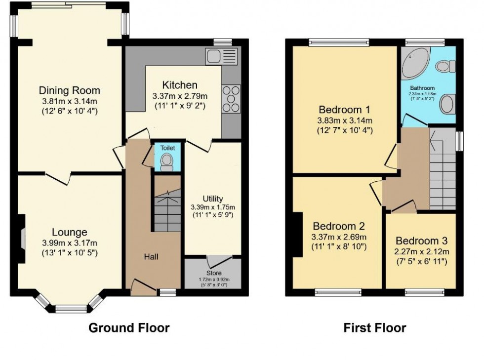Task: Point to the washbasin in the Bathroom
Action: pyautogui.click(x=447, y=105)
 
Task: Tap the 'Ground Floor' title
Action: pyautogui.click(x=129, y=327)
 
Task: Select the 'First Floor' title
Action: pyautogui.click(x=375, y=327)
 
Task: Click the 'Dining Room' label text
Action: pyautogui.click(x=69, y=90)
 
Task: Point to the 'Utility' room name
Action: pyautogui.click(x=213, y=199)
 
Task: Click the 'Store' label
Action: pyautogui.click(x=213, y=273)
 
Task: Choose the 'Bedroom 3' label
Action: pyautogui.click(x=421, y=241)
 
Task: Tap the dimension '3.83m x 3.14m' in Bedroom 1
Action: pyautogui.click(x=345, y=120)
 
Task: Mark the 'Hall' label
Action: pyautogui.click(x=152, y=256)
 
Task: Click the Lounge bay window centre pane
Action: pyautogui.click(x=67, y=309)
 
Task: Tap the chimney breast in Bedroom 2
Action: pyautogui.click(x=298, y=235)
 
